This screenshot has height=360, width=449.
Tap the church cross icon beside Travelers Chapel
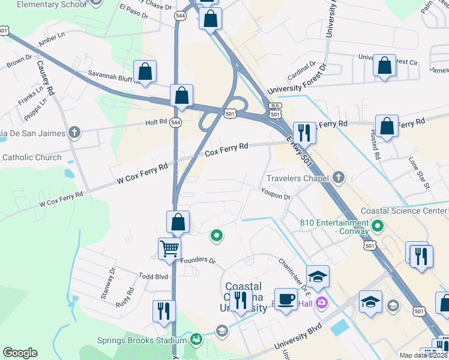pos(339,177)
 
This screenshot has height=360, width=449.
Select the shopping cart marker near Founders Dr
pos(170,248)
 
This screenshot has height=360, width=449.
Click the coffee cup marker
pos(286,299)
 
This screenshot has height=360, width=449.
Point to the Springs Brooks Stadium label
pos(142,340)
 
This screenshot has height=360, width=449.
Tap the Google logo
pos(20,353)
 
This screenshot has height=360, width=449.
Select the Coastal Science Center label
pos(404,211)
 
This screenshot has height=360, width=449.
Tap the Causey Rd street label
pos(45,77)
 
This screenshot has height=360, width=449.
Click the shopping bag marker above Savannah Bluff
pos(145,72)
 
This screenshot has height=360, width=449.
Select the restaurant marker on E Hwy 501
pos(304,133)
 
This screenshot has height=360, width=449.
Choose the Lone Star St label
pos(419,173)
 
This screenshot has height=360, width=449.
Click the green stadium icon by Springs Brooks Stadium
pos(196,340)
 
